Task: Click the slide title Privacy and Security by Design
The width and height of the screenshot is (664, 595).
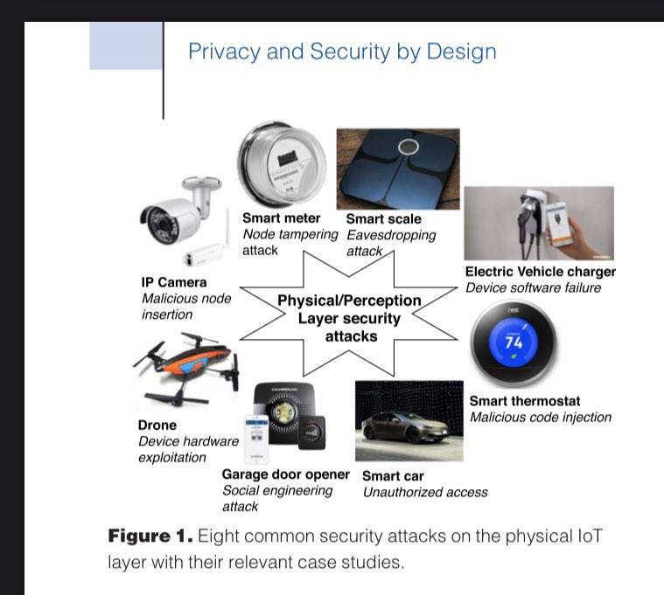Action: click(342, 51)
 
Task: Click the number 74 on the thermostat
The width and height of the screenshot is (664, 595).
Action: click(514, 342)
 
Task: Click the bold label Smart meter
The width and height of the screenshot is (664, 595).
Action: click(282, 218)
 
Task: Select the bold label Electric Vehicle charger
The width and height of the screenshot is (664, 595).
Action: click(540, 272)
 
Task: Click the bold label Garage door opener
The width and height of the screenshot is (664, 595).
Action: click(285, 474)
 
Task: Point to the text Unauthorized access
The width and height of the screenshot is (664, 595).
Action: click(425, 492)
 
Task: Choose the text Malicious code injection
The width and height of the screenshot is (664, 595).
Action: click(541, 417)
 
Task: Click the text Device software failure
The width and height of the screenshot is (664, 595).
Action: click(533, 287)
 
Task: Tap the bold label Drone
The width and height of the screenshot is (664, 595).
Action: click(157, 425)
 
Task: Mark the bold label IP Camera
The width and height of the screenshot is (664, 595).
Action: click(174, 282)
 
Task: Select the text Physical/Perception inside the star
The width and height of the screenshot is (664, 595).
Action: click(349, 301)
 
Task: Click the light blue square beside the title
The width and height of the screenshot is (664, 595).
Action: click(126, 46)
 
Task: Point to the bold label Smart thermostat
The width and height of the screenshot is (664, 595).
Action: click(525, 401)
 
